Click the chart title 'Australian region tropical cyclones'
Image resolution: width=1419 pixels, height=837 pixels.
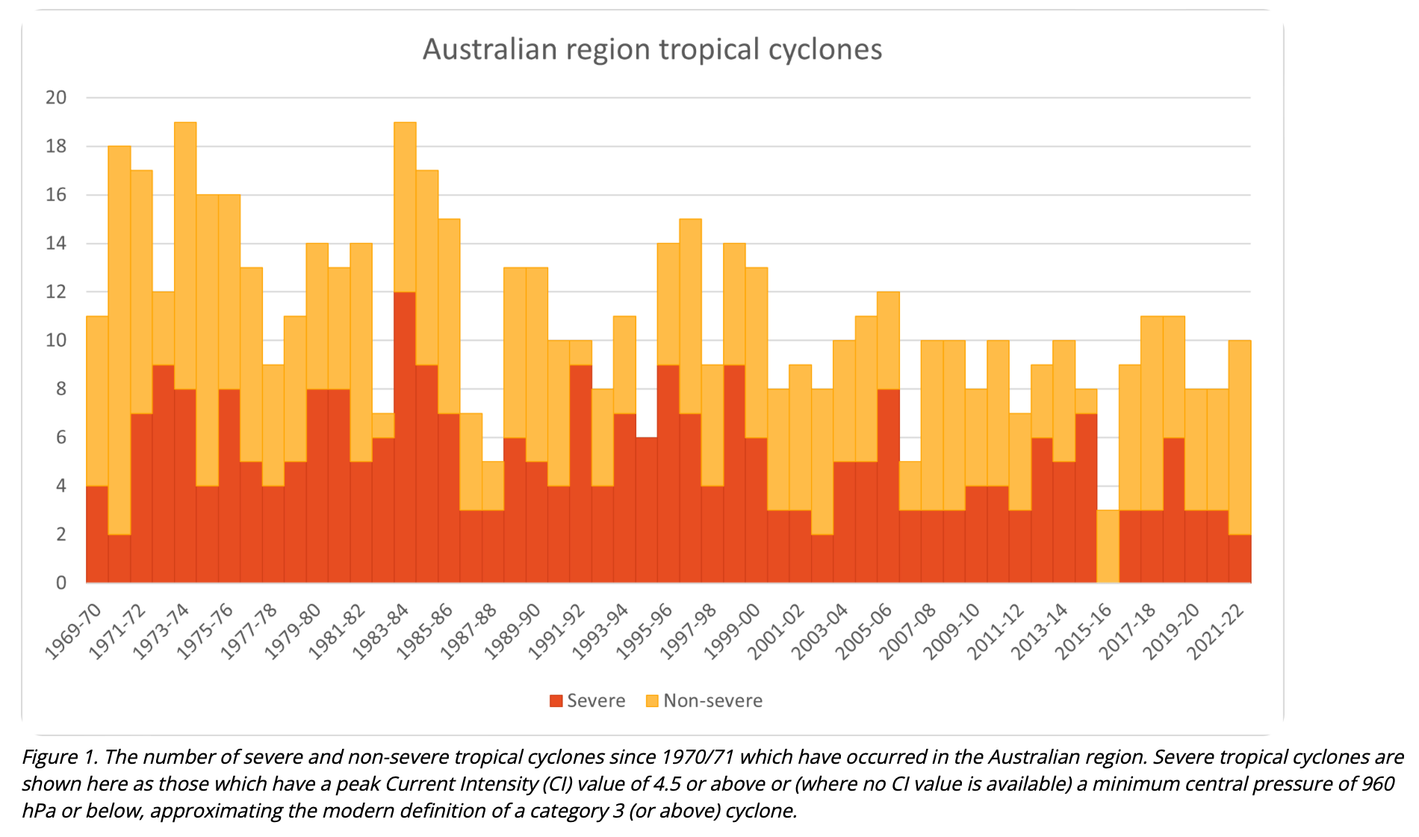(652, 49)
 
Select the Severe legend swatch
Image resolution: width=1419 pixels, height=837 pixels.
(556, 701)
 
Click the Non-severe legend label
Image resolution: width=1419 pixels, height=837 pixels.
(712, 701)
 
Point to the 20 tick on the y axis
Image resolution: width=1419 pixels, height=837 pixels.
(56, 97)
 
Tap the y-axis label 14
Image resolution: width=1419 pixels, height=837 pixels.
(56, 243)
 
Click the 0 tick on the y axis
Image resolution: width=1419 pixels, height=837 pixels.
(61, 583)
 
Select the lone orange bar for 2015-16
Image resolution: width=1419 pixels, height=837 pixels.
(1108, 546)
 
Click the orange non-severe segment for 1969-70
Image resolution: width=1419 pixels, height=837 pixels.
(97, 401)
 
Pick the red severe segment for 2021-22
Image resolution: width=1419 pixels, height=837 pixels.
(1240, 558)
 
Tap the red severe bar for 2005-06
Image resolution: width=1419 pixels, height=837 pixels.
(888, 486)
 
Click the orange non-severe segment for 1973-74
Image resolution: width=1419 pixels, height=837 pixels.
(185, 255)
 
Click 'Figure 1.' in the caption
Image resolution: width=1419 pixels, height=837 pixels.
(60, 757)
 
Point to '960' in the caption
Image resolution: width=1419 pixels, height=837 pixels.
(1376, 784)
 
